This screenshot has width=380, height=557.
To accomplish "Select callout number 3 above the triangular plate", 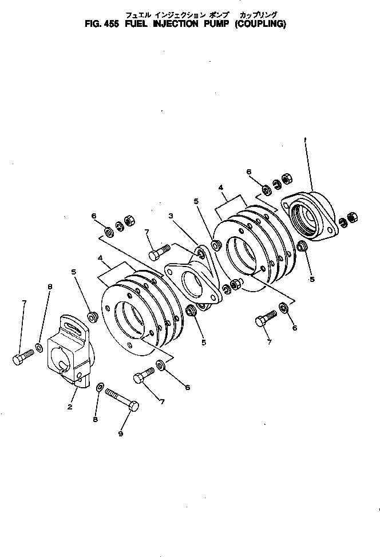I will coord(171,216).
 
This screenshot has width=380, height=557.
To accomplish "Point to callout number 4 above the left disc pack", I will coord(101,258).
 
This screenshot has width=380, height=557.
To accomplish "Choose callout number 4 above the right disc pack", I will coord(221,186).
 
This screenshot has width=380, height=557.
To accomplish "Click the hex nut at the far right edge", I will coord(353,218).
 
